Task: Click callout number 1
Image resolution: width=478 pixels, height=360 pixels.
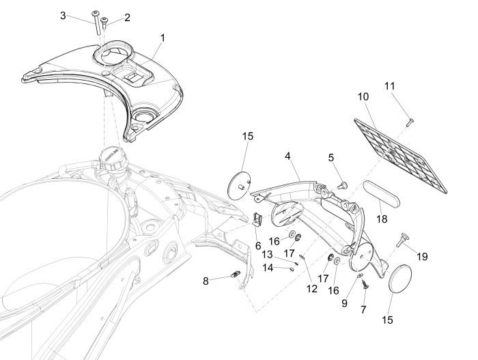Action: click(x=163, y=36)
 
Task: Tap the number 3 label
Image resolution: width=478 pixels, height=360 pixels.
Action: click(x=83, y=15)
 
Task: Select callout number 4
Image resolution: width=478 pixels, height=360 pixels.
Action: click(x=289, y=156)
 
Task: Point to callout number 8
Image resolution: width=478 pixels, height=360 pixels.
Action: click(x=206, y=281)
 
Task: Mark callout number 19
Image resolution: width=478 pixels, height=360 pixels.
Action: click(x=423, y=257)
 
